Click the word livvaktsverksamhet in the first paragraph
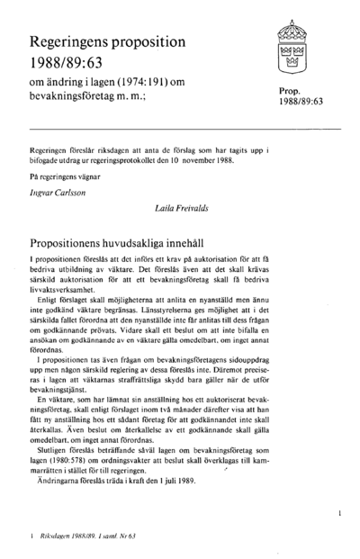point(62,293)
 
